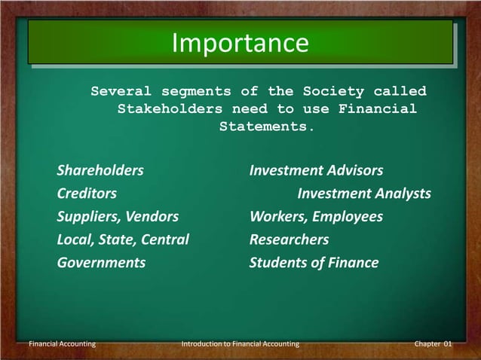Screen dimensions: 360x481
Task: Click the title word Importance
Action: point(240,43)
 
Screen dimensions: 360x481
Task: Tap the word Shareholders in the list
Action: point(100,171)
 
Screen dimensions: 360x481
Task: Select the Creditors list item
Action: point(87,194)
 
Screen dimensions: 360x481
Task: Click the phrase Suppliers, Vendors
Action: point(118,217)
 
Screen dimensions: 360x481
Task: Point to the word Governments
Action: point(101,263)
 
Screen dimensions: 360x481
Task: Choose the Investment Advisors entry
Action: point(316,171)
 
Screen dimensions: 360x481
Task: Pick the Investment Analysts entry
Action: point(364,194)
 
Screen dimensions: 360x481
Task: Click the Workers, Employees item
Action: point(316,217)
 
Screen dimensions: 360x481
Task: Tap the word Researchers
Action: point(289,239)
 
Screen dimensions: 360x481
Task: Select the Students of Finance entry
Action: point(314,263)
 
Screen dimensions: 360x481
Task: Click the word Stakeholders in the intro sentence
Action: point(170,109)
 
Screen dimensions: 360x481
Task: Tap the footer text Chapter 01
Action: point(433,344)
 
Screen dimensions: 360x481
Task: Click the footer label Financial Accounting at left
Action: point(62,344)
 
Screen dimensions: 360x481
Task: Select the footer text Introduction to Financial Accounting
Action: point(240,344)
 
